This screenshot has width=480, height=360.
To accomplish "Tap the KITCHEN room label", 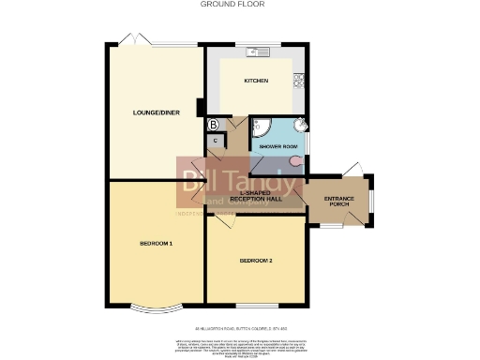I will pos(256,82).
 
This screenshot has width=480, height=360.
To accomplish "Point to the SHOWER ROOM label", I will pos(278,146).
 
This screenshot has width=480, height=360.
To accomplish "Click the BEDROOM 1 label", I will pos(156,243).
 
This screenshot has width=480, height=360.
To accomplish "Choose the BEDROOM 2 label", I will pos(255,260).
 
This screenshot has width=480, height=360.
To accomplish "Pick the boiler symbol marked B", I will pos(213,124).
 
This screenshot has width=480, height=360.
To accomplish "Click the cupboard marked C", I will pos(216,142).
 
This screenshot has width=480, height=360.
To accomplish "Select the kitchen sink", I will pos(257,51).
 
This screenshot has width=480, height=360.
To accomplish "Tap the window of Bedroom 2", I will pos(255,306).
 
